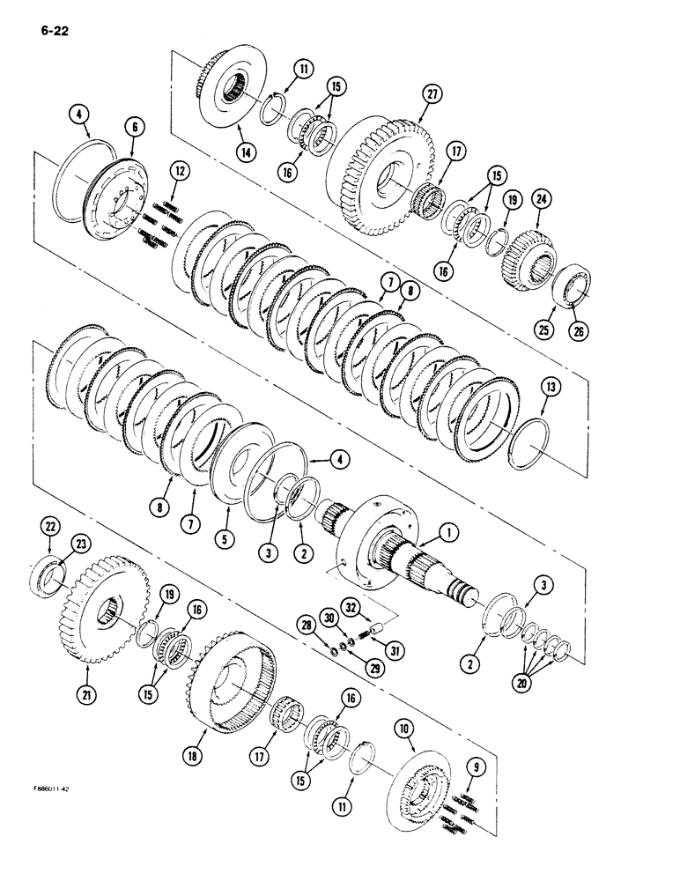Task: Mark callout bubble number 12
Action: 179,168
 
